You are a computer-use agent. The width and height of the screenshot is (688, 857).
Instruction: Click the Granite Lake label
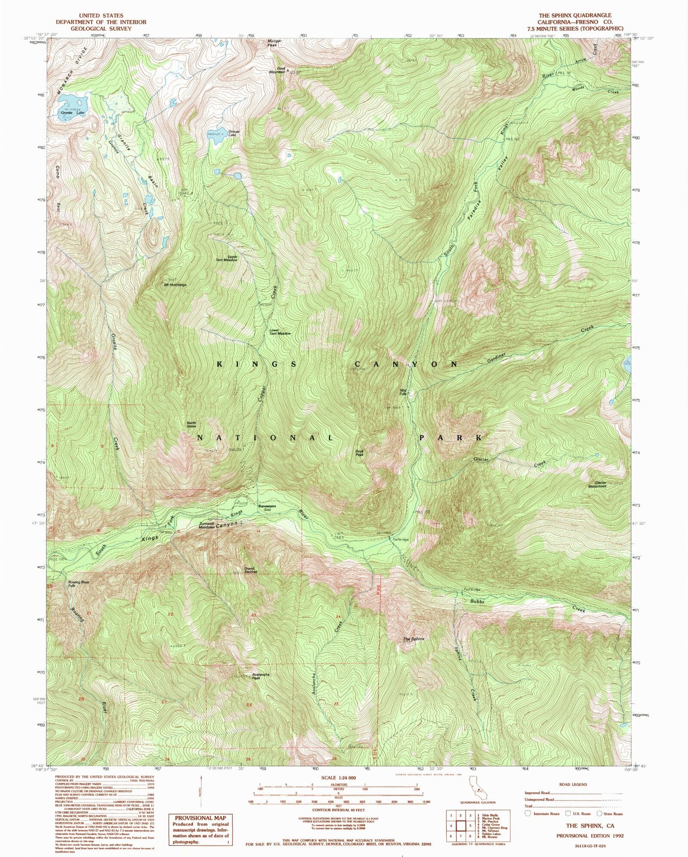[x=73, y=112]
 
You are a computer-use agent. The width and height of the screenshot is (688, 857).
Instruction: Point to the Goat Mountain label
[x=277, y=70]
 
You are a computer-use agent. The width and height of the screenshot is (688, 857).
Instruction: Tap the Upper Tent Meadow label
[x=227, y=258]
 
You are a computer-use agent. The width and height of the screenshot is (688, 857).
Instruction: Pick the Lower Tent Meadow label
[x=280, y=332]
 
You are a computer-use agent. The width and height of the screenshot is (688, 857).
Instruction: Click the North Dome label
[x=191, y=425]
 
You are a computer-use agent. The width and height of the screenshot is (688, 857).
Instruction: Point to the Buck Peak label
[x=360, y=453]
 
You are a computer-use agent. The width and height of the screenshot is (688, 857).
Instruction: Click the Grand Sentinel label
[x=251, y=571]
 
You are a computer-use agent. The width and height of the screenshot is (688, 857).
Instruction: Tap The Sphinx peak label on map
[x=414, y=639]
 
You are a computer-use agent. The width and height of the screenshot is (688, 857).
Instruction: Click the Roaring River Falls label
[x=78, y=584]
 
